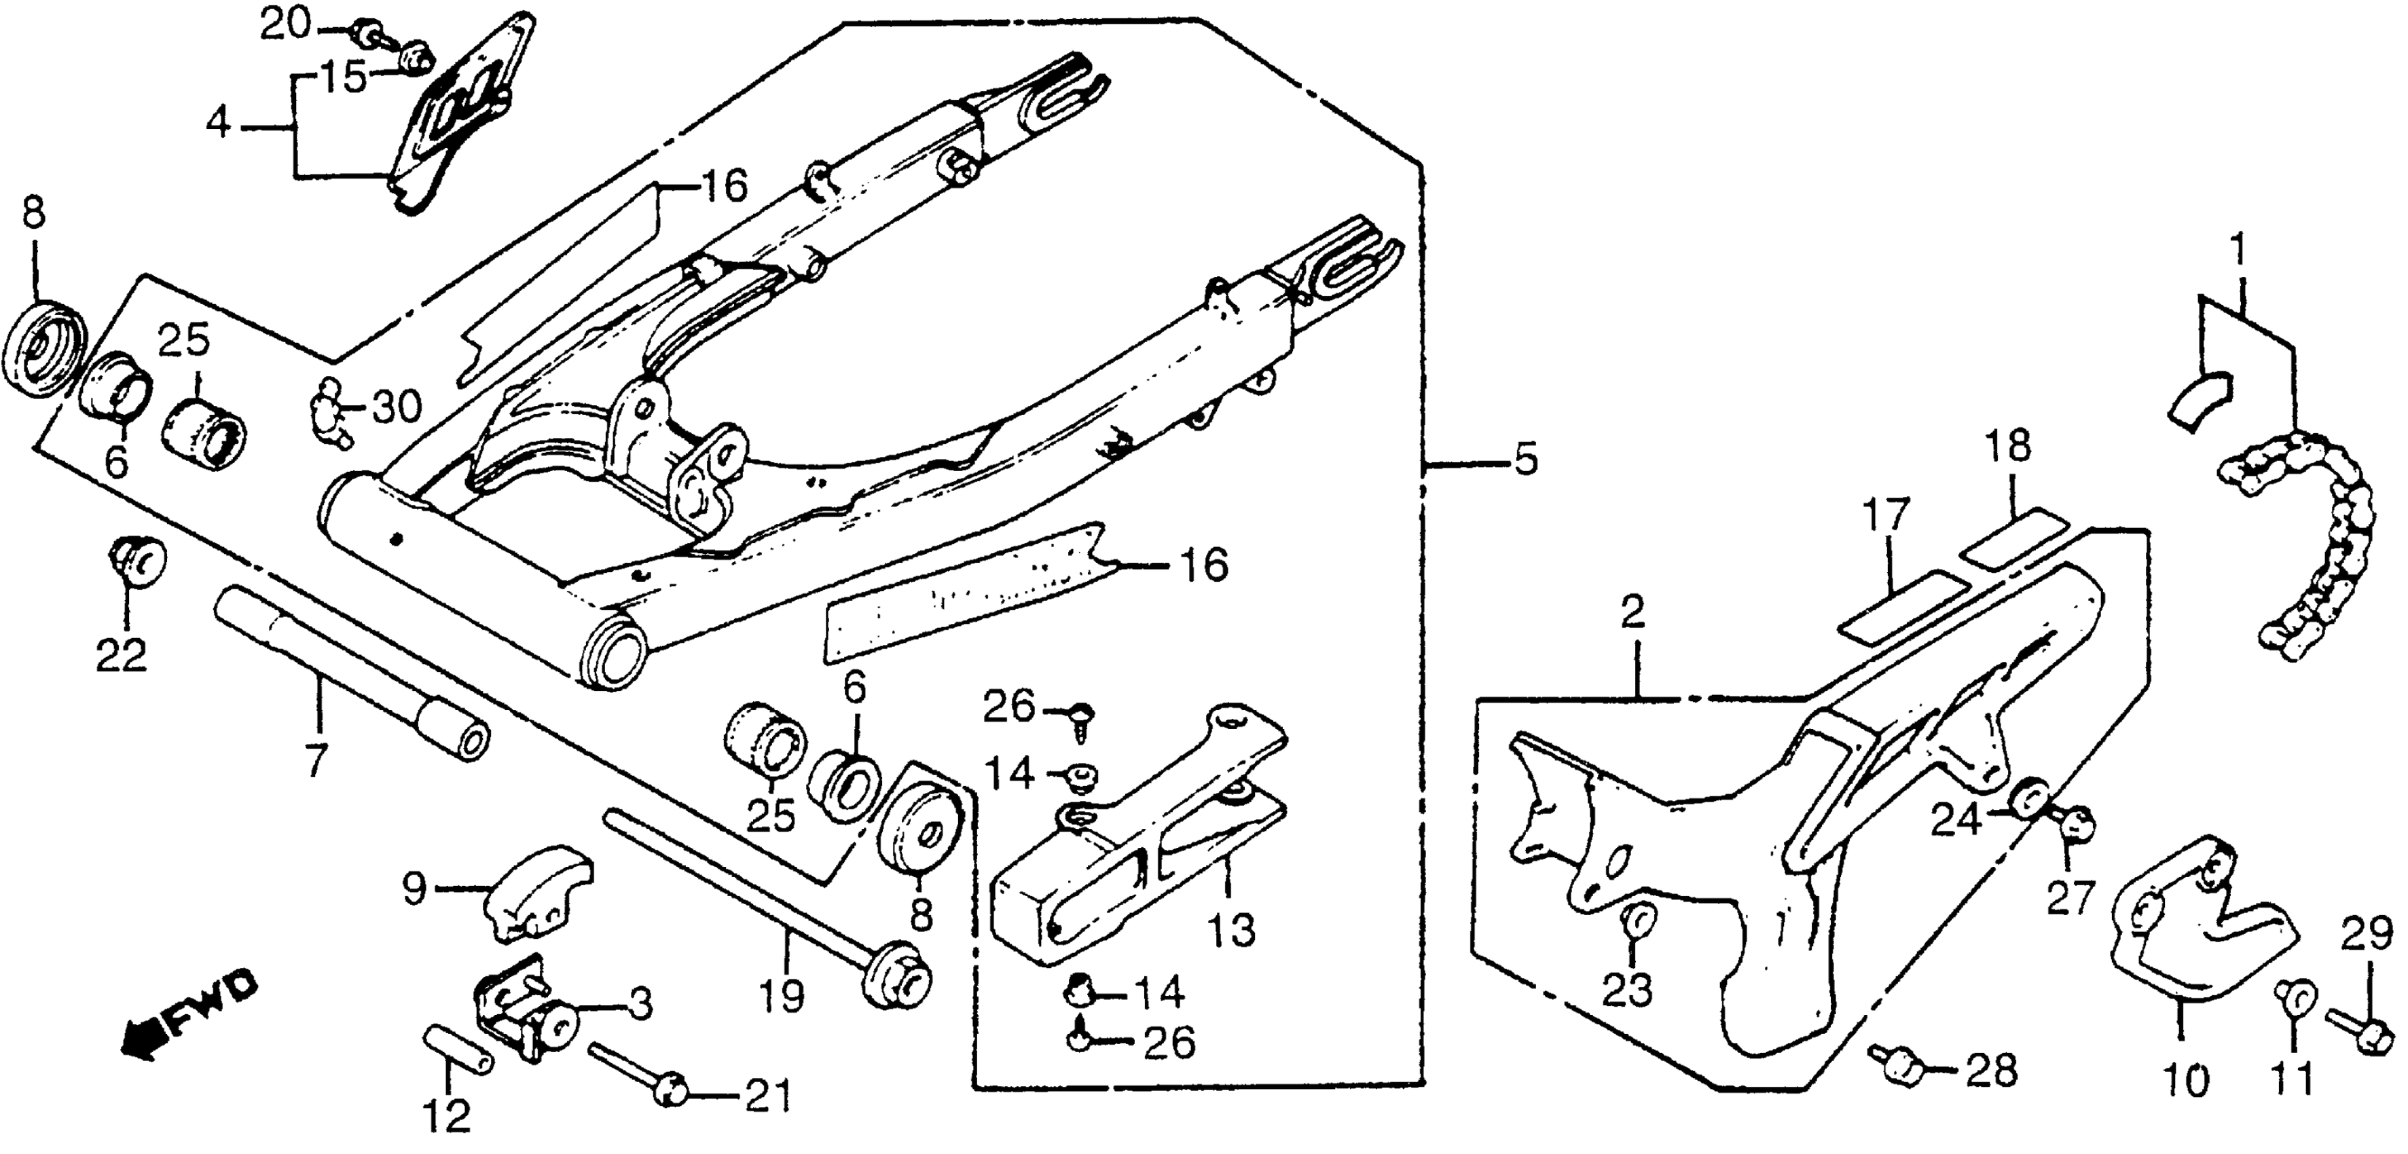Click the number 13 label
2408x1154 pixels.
click(1231, 931)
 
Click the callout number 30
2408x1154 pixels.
click(397, 407)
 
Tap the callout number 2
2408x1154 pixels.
click(1632, 614)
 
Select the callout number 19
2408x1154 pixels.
click(782, 996)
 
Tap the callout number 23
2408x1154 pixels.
click(1628, 988)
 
